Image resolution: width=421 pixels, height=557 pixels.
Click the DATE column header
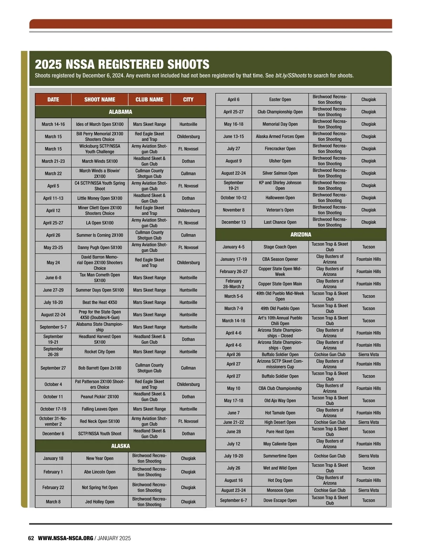point(53,100)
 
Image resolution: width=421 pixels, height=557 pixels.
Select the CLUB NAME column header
point(149,100)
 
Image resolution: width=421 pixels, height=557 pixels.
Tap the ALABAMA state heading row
point(120,112)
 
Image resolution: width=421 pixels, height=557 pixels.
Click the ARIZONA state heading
point(301,234)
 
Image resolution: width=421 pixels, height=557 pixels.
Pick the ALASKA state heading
point(120,446)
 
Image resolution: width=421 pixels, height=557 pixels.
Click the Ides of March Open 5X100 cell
point(100,124)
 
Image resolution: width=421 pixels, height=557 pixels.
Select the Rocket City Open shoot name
point(100,351)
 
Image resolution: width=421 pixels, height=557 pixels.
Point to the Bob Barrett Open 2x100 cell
point(100,368)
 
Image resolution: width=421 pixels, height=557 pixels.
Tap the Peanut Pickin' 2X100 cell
point(100,397)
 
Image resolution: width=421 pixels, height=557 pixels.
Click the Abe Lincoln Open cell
point(100,472)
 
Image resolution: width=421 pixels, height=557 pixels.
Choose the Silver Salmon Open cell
point(280,173)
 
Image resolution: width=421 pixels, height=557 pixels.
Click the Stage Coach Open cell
point(280,247)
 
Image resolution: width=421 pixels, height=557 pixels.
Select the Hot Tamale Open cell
point(280,413)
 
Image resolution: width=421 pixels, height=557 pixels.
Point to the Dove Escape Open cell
point(280,500)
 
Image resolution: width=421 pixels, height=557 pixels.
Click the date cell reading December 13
point(233,222)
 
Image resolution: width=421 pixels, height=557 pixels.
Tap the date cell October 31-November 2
point(53,421)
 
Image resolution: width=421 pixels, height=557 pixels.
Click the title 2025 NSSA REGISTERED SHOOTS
point(122,65)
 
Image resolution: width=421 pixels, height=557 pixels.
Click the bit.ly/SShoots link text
point(291,76)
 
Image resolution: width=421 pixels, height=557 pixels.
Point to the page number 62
point(31,538)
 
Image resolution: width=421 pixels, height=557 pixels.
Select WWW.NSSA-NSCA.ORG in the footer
point(66,538)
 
